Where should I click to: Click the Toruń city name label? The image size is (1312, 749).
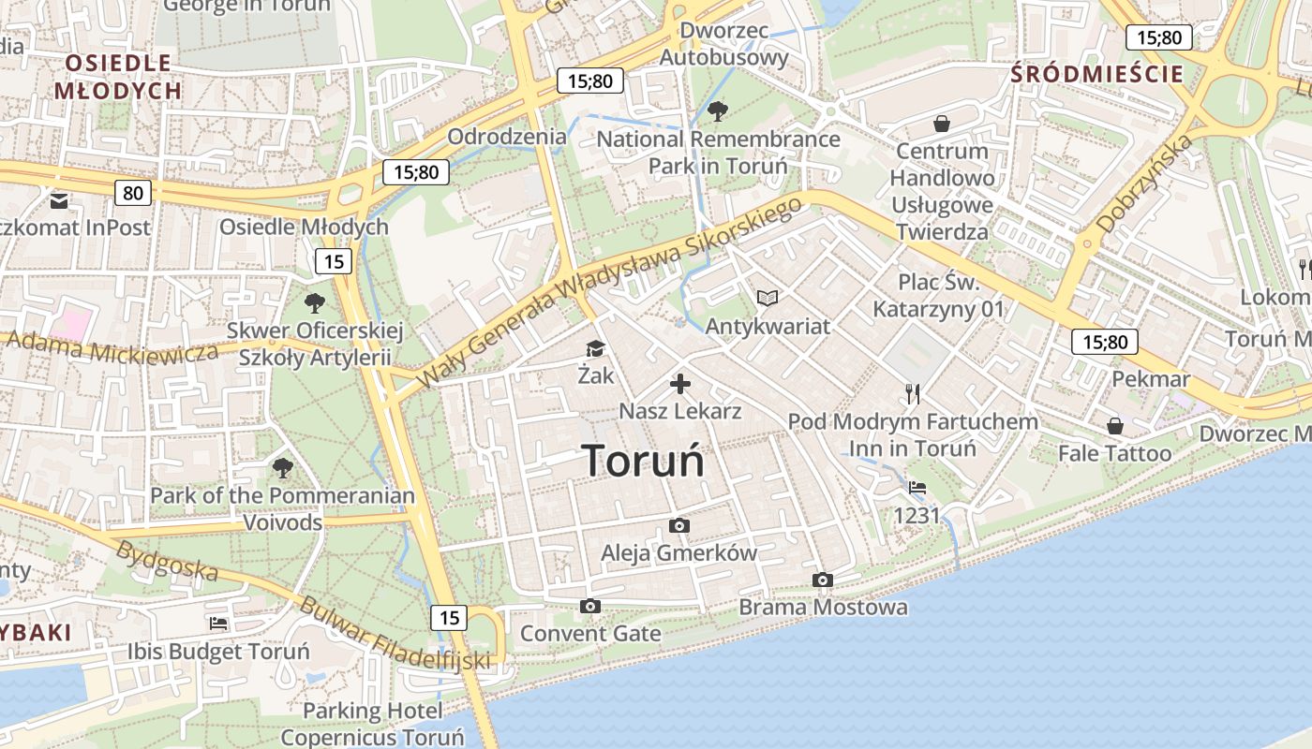(643, 461)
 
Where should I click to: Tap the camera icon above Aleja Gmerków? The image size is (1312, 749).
(679, 526)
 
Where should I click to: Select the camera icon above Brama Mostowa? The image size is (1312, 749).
(823, 580)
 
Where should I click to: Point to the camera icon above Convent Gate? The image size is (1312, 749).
(589, 607)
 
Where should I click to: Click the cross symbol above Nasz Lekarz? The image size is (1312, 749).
(680, 384)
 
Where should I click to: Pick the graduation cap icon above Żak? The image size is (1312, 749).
(595, 349)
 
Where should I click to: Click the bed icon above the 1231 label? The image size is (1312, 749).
(917, 488)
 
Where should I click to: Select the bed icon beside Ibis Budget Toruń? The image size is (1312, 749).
(218, 624)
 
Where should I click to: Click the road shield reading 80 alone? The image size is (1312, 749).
(133, 193)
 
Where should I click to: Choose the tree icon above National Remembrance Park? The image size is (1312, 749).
(718, 111)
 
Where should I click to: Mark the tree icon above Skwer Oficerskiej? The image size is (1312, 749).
(315, 302)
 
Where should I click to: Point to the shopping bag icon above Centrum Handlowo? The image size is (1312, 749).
(942, 124)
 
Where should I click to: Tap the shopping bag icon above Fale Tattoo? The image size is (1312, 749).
(1115, 427)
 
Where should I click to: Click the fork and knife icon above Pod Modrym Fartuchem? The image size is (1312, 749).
(913, 393)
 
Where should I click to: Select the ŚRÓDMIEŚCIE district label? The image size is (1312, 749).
(1096, 74)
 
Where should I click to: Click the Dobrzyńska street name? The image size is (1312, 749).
(1145, 184)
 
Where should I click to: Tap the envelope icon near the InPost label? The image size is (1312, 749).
(59, 200)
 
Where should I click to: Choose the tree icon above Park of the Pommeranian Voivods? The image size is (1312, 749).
(282, 467)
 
